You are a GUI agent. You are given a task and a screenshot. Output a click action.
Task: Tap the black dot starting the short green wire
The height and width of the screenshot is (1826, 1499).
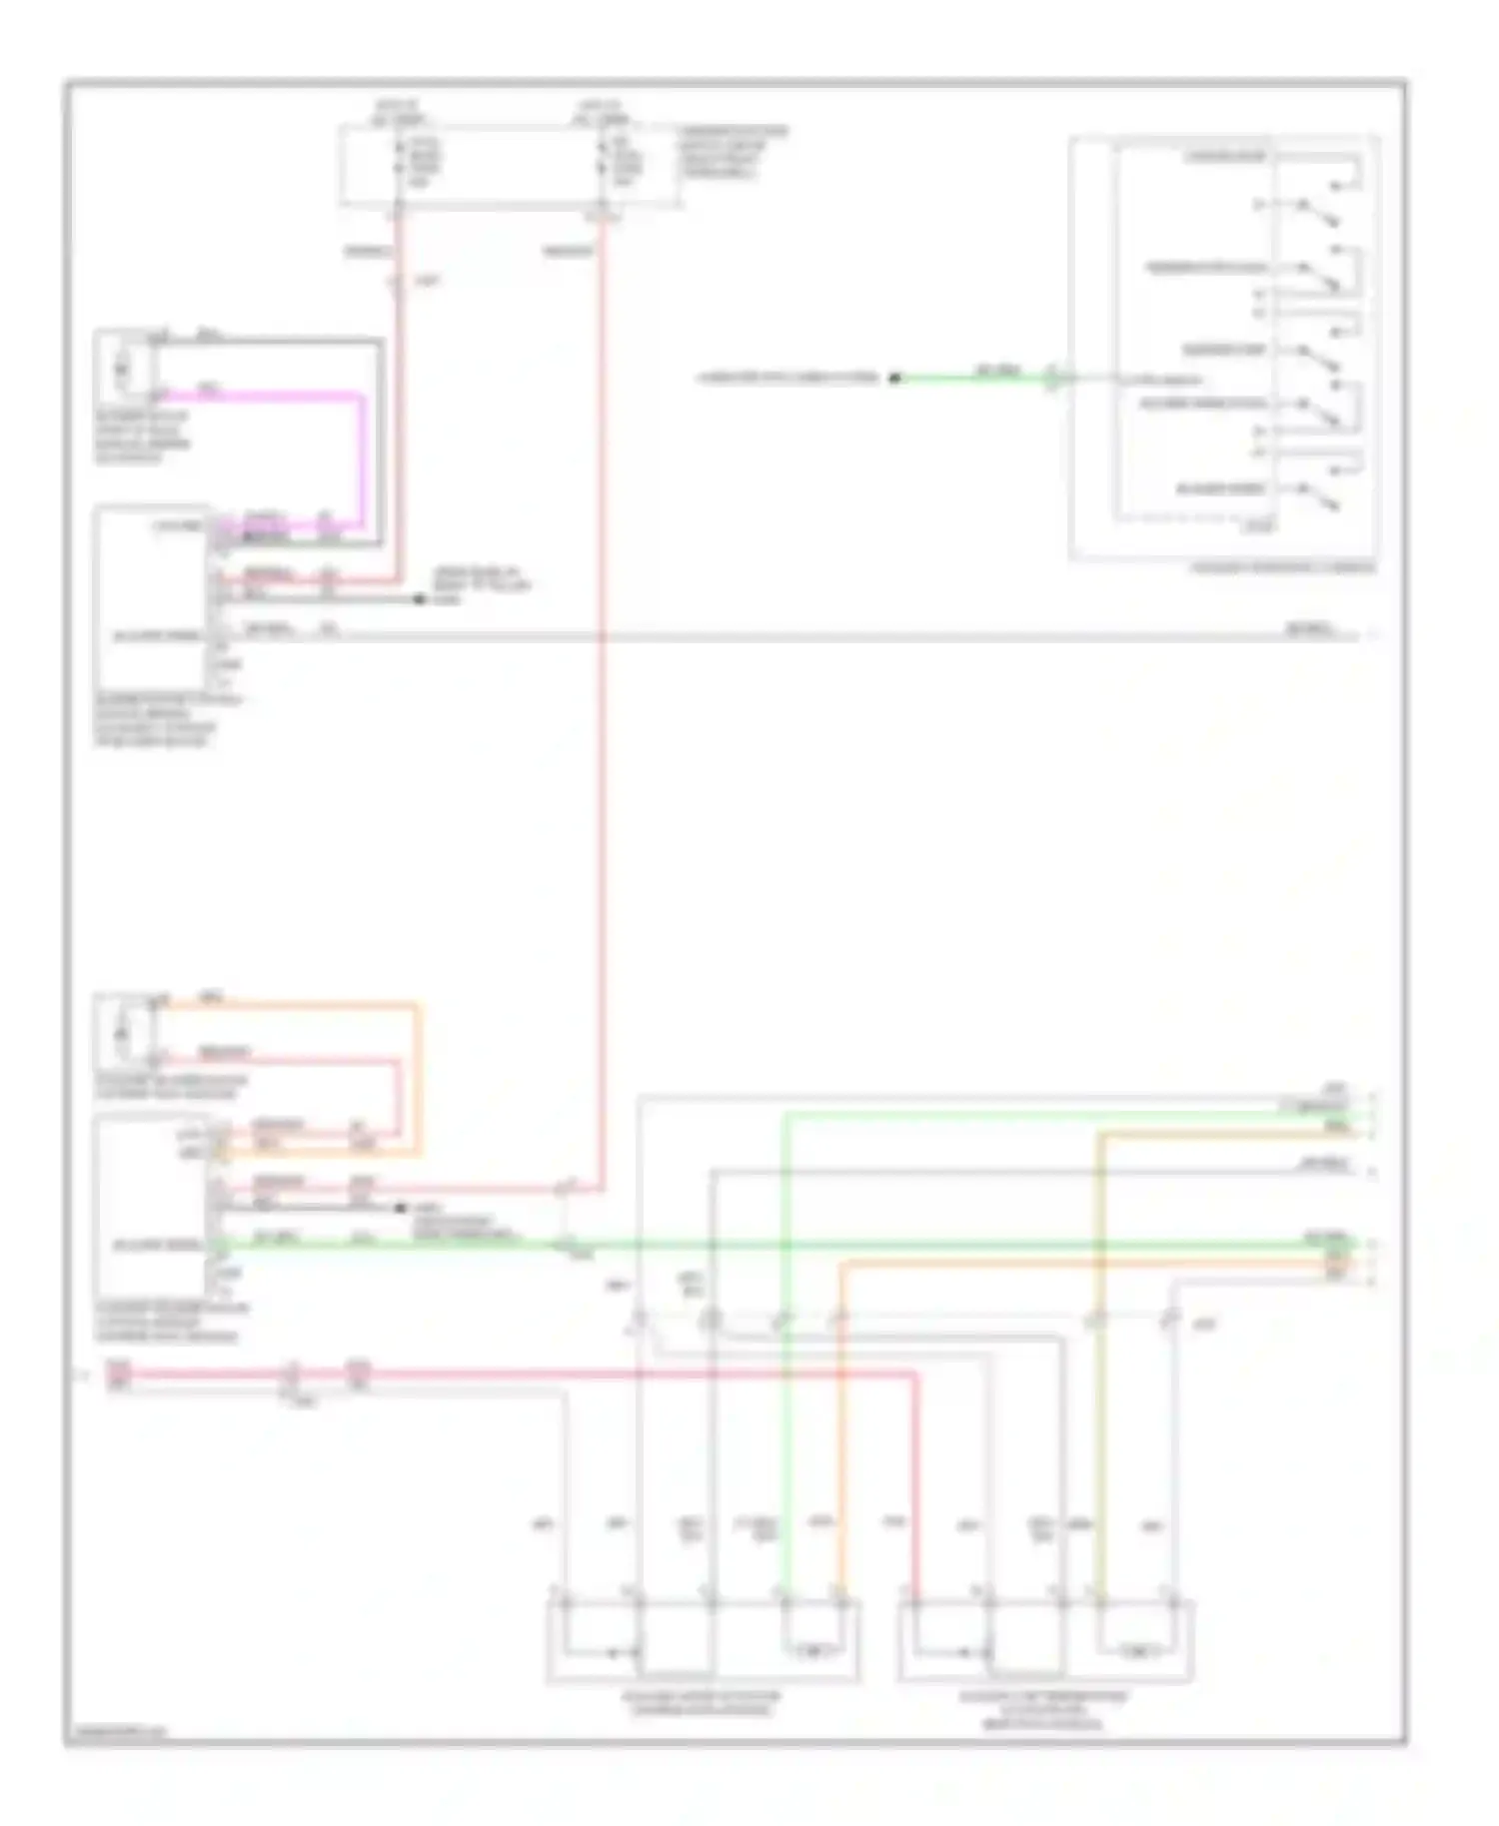[x=895, y=378]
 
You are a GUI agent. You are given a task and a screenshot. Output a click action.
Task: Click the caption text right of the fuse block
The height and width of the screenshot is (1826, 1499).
[x=733, y=152]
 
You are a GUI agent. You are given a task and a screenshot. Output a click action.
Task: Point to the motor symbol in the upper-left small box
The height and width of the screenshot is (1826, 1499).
[x=122, y=371]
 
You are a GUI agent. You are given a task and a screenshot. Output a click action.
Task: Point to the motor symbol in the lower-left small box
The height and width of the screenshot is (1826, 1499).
[x=122, y=1032]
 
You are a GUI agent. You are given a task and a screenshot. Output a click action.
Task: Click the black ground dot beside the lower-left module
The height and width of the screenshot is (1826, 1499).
[x=400, y=1208]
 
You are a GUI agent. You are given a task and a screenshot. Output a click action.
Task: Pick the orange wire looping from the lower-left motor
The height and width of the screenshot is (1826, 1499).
[x=419, y=1079]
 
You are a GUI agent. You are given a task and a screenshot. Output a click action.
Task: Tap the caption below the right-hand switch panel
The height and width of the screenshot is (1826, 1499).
[x=1282, y=567]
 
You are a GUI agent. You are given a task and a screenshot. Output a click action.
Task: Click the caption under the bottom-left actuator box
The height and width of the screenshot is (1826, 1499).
[x=702, y=1703]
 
